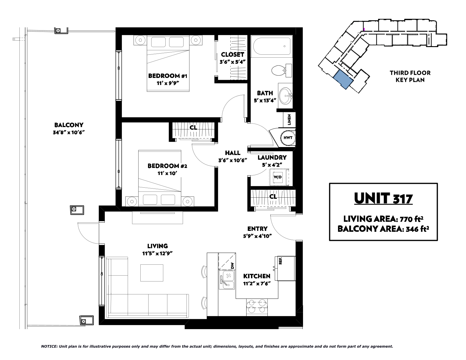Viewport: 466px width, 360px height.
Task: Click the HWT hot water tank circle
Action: click(288, 138)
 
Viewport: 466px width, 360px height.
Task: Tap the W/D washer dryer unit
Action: click(278, 177)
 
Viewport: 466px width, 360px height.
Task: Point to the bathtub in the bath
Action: click(272, 46)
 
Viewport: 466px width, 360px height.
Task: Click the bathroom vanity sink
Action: click(286, 96)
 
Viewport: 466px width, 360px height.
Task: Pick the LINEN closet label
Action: click(289, 120)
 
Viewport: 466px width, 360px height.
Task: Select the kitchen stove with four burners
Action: click(257, 307)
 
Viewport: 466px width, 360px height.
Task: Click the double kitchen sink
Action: click(227, 279)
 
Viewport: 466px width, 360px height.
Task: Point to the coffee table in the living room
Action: click(152, 273)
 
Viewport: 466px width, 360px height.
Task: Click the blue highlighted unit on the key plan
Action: click(343, 80)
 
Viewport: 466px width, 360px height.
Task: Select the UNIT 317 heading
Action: click(383, 198)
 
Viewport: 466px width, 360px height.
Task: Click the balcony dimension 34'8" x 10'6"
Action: click(69, 133)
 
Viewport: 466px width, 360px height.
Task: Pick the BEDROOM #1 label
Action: click(168, 76)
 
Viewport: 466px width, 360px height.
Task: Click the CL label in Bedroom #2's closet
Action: click(193, 128)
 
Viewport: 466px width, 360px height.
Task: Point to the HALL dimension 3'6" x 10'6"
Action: click(233, 160)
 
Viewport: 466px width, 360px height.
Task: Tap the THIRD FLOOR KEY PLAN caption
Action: click(410, 76)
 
